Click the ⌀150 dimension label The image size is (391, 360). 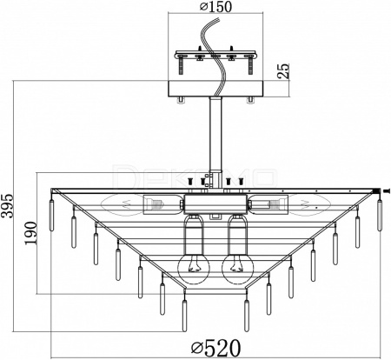pyautogui.click(x=216, y=7)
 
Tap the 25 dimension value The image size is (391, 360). pyautogui.click(x=284, y=70)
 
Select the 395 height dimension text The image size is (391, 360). pyautogui.click(x=7, y=205)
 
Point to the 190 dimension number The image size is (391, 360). pyautogui.click(x=30, y=233)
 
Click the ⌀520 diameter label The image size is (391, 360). pyautogui.click(x=216, y=348)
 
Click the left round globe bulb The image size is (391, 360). pyautogui.click(x=193, y=268)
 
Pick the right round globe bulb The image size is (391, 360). pyautogui.click(x=238, y=268)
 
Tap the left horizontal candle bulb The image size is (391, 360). pyautogui.click(x=123, y=204)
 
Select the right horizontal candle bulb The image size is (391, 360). pyautogui.click(x=308, y=204)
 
